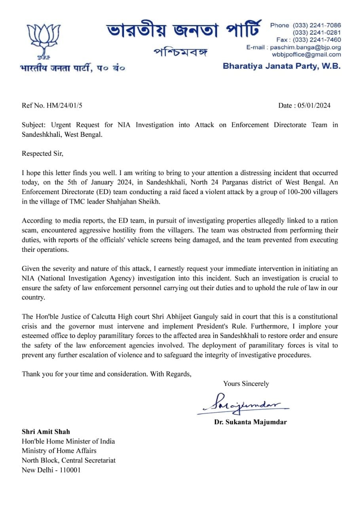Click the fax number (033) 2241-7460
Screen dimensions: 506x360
point(317,40)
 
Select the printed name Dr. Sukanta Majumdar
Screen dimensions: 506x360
point(250,422)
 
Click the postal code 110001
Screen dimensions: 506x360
point(70,470)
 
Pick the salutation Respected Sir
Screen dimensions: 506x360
point(42,153)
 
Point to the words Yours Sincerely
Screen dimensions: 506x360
point(246,383)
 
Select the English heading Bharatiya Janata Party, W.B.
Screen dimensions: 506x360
point(281,66)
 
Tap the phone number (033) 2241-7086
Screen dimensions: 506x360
point(317,25)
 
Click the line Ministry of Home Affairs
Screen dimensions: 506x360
point(59,451)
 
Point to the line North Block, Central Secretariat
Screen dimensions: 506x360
point(68,461)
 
